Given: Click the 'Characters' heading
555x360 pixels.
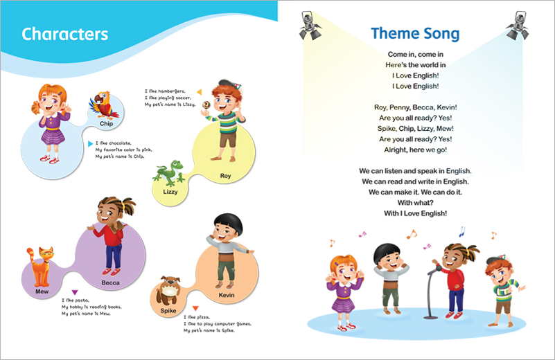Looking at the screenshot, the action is click(x=64, y=34).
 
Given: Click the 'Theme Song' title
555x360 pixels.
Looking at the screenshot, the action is click(x=415, y=34).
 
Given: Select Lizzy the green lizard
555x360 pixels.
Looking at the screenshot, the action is click(x=169, y=173).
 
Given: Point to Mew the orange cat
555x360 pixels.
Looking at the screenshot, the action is click(x=39, y=267).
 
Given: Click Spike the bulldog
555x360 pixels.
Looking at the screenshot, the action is click(x=168, y=291).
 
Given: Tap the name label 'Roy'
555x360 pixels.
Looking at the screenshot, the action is click(x=225, y=176).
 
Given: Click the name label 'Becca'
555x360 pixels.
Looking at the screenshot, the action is click(x=110, y=282).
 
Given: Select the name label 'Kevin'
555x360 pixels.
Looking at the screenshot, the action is click(x=226, y=295).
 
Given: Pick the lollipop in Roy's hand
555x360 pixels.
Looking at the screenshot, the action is click(x=206, y=106).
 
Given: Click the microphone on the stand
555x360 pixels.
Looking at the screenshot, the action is click(x=438, y=268).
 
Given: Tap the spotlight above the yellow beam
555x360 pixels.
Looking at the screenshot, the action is click(x=310, y=26).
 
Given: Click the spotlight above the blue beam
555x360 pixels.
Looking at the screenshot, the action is click(x=518, y=26).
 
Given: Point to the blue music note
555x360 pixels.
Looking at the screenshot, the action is click(x=461, y=232).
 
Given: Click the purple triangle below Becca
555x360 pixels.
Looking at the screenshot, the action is click(x=75, y=292).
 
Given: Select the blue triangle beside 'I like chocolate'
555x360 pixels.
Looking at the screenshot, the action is click(x=90, y=143).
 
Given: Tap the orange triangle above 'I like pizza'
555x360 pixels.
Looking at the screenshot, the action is click(x=195, y=308).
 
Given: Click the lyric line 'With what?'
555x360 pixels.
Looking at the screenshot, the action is click(x=415, y=203).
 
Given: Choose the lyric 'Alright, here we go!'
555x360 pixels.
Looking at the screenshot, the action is click(x=416, y=150).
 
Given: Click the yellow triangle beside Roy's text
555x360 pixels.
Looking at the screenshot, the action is click(x=200, y=92).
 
